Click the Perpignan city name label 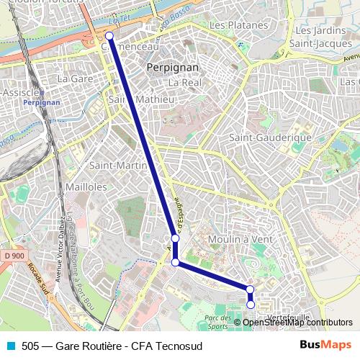click(172, 67)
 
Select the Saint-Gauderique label click(259, 137)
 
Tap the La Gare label click(72, 78)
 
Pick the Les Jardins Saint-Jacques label click(323, 37)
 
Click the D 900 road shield click(12, 256)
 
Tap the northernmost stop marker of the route click(109, 35)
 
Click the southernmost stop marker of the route click(251, 305)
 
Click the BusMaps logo click(325, 346)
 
